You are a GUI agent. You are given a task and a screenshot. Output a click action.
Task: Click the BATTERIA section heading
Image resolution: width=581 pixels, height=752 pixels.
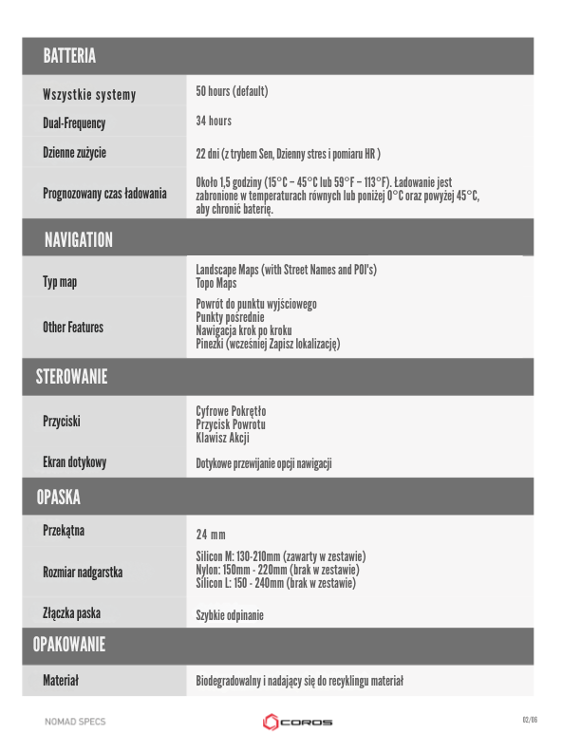pos(69,57)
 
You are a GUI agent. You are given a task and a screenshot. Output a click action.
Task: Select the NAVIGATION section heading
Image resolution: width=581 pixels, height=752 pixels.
pos(78,240)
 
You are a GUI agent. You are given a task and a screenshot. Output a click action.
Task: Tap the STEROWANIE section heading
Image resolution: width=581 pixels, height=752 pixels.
pos(71,376)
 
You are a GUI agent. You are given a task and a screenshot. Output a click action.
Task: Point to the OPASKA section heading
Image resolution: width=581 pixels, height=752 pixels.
pos(58,497)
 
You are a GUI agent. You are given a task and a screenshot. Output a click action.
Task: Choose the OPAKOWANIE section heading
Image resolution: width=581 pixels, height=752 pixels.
pos(68,646)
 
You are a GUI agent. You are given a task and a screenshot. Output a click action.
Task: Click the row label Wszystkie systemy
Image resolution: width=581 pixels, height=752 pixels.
pos(89,95)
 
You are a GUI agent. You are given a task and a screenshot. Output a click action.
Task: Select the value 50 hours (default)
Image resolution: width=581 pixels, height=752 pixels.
pos(232,91)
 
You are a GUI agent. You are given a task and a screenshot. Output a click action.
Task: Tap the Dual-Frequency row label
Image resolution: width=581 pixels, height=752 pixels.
pos(74,123)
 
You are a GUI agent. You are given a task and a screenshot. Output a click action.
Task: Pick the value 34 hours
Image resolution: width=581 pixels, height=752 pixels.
pos(214,121)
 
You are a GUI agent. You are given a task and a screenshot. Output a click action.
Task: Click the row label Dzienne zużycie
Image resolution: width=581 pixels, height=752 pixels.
pos(74,152)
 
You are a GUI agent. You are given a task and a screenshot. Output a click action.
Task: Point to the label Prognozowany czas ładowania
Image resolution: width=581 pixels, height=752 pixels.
pos(104,193)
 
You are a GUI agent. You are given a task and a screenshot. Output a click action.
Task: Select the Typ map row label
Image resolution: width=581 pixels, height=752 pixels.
pos(60,282)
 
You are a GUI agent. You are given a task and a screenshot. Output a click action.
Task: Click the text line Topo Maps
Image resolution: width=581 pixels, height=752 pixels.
pos(216,283)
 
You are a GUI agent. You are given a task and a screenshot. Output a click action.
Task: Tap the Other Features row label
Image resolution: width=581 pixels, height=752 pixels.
pos(73,328)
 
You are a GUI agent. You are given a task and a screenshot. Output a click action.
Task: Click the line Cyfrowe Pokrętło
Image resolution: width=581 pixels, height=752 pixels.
pos(231,411)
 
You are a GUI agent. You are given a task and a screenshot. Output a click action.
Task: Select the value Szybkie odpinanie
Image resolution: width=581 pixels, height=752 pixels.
pos(230,615)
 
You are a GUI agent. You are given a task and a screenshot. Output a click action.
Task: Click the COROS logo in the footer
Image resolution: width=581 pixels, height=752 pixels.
pos(297,723)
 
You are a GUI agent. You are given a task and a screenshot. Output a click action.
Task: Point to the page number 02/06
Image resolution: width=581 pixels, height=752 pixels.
pos(530,720)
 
